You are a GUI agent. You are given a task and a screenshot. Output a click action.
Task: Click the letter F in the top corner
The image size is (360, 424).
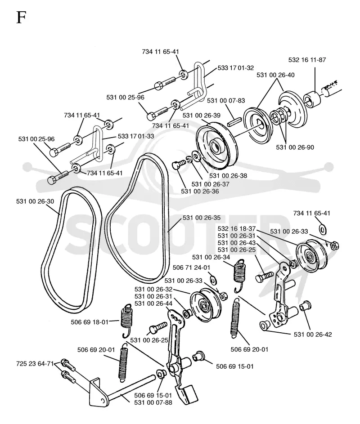click(21, 18)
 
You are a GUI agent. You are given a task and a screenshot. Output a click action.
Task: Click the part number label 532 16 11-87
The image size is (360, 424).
click(307, 60)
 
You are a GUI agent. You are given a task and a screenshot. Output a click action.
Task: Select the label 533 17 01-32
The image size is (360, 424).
click(236, 68)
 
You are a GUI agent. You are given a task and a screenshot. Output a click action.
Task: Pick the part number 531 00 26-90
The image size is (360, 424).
click(295, 147)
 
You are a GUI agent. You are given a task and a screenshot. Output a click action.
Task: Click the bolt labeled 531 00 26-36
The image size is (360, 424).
click(179, 164)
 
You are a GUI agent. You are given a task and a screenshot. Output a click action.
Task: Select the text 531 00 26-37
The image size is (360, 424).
click(210, 184)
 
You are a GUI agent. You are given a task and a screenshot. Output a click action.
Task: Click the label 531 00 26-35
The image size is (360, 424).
click(202, 218)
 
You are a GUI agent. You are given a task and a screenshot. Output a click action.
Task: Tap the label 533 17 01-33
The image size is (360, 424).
click(136, 136)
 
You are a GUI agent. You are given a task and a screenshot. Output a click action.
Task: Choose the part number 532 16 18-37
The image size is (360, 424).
click(236, 229)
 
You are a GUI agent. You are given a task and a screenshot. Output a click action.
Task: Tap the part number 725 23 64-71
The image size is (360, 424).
click(35, 364)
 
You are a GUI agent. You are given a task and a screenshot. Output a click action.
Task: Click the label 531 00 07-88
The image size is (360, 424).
click(153, 402)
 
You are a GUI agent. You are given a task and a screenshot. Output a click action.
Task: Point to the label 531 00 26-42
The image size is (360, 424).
click(313, 335)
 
